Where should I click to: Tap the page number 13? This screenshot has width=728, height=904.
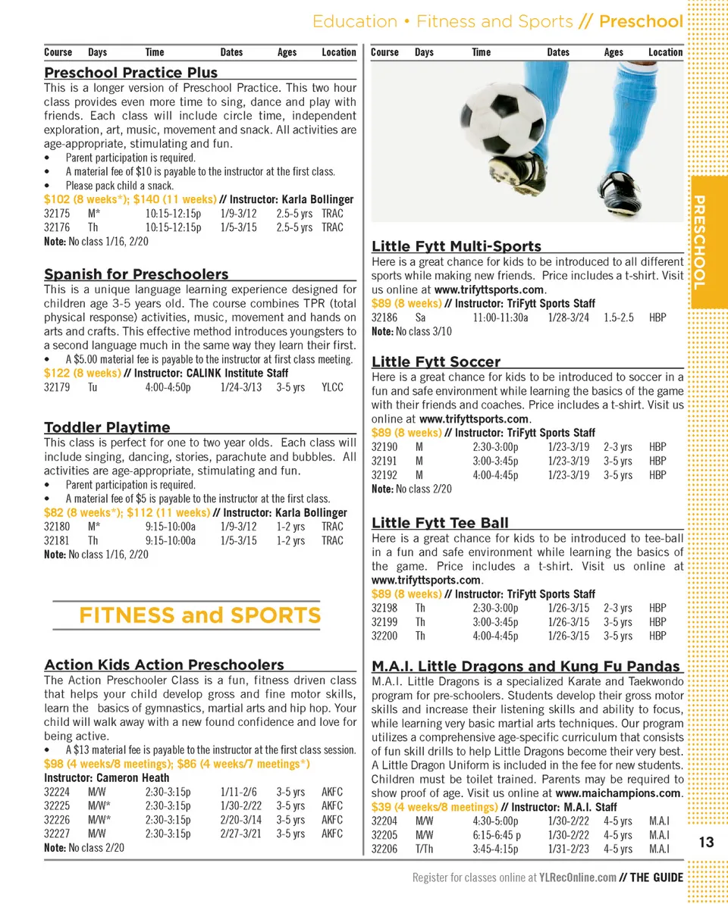[x=707, y=843]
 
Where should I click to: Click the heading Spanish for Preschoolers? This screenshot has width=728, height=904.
[x=136, y=274]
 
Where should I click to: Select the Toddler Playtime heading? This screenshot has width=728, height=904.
[x=107, y=427]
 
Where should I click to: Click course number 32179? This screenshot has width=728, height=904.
[x=57, y=387]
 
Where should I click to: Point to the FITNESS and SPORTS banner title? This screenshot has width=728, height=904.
[x=199, y=615]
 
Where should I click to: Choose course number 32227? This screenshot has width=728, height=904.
[x=57, y=834]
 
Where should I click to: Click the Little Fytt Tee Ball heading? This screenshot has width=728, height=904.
[x=440, y=523]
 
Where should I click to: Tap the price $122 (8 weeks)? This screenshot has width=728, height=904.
[x=82, y=373]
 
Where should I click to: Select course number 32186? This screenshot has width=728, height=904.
[x=384, y=317]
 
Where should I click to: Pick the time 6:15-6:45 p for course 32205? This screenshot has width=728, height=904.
[x=497, y=835]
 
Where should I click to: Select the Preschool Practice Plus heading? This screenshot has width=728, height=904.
[x=130, y=73]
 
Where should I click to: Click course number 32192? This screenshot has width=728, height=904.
[x=384, y=475]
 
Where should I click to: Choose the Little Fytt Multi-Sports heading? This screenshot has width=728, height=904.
[x=457, y=246]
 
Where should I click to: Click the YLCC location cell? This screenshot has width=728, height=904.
[x=332, y=387]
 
